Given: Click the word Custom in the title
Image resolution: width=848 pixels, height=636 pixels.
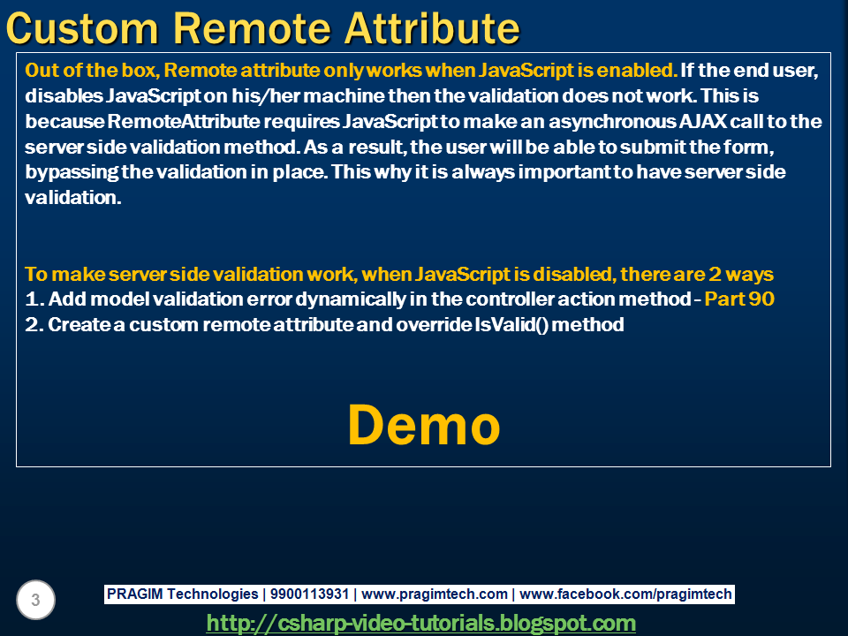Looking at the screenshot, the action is pos(81,28).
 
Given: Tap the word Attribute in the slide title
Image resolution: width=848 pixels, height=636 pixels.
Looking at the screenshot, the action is pos(432,28).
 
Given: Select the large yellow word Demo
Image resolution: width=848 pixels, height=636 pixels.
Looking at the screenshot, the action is pos(424,425).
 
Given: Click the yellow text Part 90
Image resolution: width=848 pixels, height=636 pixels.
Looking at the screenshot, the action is pos(739,299).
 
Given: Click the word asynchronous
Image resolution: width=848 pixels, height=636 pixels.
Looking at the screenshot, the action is pos(611,122).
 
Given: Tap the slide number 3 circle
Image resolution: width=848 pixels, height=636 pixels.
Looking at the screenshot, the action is pos(35,600).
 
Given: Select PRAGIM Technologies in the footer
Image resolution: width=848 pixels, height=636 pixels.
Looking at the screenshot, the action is pos(182,594).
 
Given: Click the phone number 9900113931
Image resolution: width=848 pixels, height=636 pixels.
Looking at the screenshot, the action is pos(309,594).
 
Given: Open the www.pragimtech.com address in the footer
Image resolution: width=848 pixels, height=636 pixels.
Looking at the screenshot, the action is pos(435,594).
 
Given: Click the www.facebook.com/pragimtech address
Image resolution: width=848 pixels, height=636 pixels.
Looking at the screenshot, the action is pos(625,594).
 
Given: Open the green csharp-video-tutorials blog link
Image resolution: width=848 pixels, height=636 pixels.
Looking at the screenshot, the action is pos(421,623).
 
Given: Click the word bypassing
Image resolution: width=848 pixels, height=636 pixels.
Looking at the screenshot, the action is pos(72,172).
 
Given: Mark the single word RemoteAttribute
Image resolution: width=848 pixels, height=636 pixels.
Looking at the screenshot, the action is pos(184,121).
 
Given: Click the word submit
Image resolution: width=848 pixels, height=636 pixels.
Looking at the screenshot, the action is pos(653,147).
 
